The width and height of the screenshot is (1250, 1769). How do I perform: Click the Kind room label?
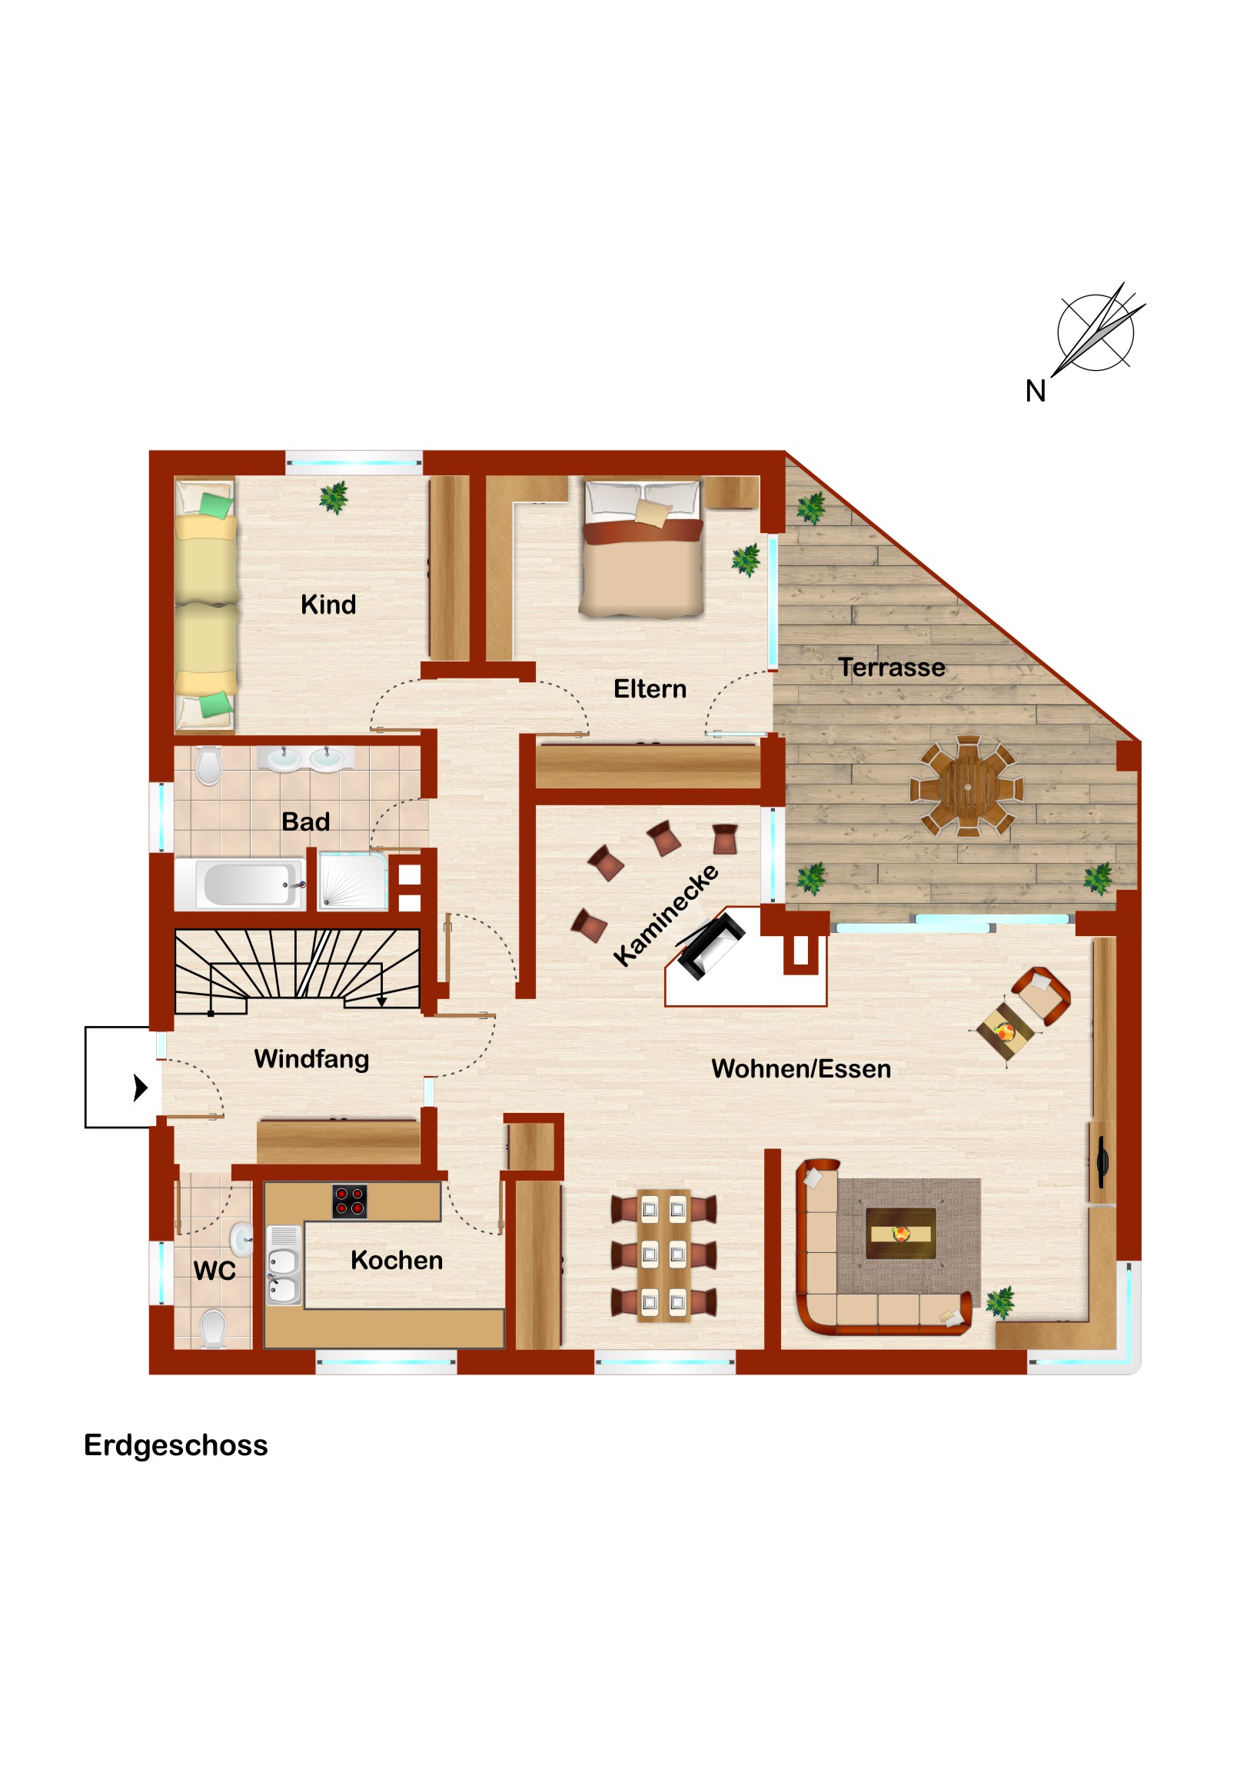point(328,605)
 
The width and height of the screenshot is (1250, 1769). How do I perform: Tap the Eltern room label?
point(650,689)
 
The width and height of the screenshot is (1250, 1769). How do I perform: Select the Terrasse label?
point(891,668)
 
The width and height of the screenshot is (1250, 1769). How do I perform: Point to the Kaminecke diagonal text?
point(666,915)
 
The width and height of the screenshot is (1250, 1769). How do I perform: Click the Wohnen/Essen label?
point(801,1068)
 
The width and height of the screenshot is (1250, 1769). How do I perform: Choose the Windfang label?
point(311,1059)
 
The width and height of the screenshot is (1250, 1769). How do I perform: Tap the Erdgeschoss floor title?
point(175,1445)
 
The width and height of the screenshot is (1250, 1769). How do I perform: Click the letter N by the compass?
point(1035,391)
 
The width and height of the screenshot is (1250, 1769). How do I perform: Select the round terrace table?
point(966,787)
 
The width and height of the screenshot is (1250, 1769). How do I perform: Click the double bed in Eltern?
point(643,548)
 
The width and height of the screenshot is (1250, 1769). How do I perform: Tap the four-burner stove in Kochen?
point(350,1202)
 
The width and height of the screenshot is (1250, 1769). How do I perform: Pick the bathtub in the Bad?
point(241,884)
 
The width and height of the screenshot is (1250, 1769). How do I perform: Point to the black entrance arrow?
point(140,1087)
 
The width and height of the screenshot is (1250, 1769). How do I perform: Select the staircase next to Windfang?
point(298,971)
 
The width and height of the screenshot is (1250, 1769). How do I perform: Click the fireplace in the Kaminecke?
point(710,945)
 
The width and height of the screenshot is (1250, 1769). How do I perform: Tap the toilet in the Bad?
point(208,766)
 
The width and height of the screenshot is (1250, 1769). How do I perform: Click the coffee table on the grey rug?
point(900,1234)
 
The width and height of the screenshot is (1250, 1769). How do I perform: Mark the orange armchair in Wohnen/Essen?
point(1040,996)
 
